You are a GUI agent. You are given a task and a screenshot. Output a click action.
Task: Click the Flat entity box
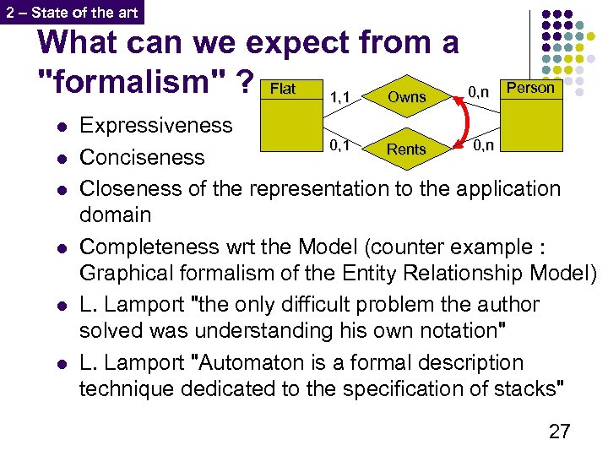pos(292,113)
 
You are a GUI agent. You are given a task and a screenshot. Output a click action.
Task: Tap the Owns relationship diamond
pos(406,97)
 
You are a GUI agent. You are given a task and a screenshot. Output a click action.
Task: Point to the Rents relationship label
pos(406,149)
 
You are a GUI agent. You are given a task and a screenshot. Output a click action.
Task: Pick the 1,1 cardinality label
pos(341,97)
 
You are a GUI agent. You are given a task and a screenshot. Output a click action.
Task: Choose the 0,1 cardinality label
pos(341,145)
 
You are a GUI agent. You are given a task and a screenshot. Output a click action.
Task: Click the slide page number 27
pos(559,432)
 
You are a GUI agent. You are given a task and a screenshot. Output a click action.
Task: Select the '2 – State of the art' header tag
pos(72,11)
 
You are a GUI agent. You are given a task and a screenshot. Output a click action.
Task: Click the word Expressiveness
pos(155,126)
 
